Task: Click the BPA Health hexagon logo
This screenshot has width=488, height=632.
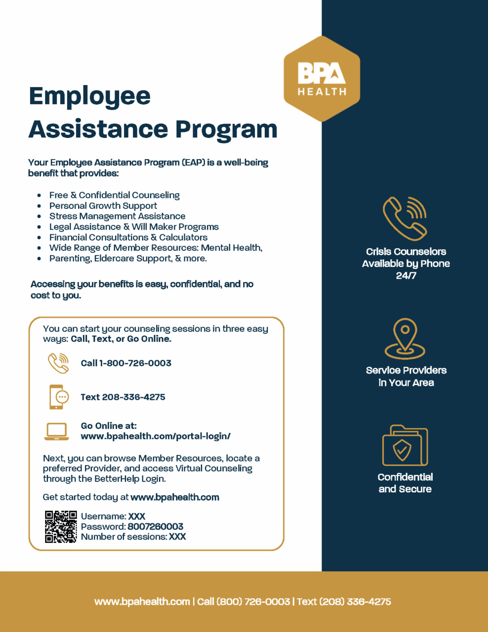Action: click(x=322, y=79)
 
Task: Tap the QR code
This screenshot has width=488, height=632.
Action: click(x=61, y=527)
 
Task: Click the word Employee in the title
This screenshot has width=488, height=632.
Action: click(x=90, y=96)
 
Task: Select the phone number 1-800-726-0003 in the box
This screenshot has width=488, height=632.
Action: click(x=135, y=363)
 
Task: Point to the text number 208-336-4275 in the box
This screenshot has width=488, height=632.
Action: click(x=133, y=397)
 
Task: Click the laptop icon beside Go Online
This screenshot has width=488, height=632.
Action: click(x=57, y=431)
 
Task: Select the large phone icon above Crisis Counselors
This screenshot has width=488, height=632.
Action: click(x=405, y=219)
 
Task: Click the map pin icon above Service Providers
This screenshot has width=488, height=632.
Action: click(x=405, y=338)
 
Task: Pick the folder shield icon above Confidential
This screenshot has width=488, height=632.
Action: click(x=405, y=446)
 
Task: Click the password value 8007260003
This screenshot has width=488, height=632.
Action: click(x=155, y=527)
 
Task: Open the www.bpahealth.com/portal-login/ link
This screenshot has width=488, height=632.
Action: click(x=155, y=436)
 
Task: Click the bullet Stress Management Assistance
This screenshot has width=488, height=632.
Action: click(x=117, y=216)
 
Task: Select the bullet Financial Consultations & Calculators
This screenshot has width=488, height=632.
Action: click(x=128, y=237)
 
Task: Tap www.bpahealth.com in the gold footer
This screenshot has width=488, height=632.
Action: click(x=142, y=601)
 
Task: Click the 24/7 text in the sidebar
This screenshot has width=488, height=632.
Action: click(x=406, y=276)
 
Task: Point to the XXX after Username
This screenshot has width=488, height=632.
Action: click(x=137, y=516)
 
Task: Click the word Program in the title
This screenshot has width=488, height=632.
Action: click(x=226, y=129)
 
